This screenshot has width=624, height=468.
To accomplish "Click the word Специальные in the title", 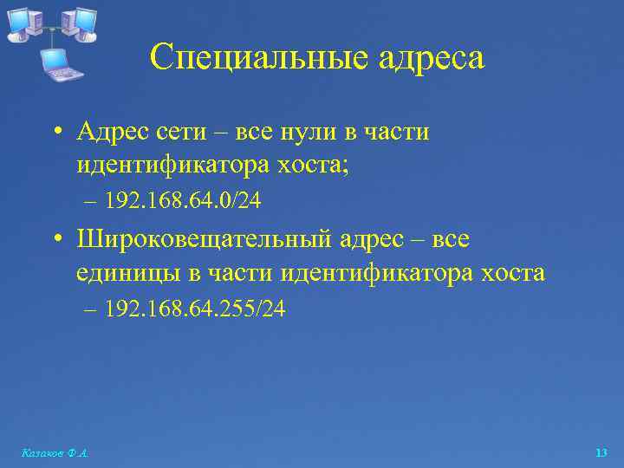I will pyautogui.click(x=259, y=59).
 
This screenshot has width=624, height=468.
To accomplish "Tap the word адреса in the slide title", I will pyautogui.click(x=432, y=59).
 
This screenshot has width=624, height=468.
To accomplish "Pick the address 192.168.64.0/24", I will pyautogui.click(x=182, y=201).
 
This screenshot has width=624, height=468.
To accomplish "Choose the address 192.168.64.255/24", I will pyautogui.click(x=194, y=309).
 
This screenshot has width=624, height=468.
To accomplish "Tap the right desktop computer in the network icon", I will pyautogui.click(x=80, y=23).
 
